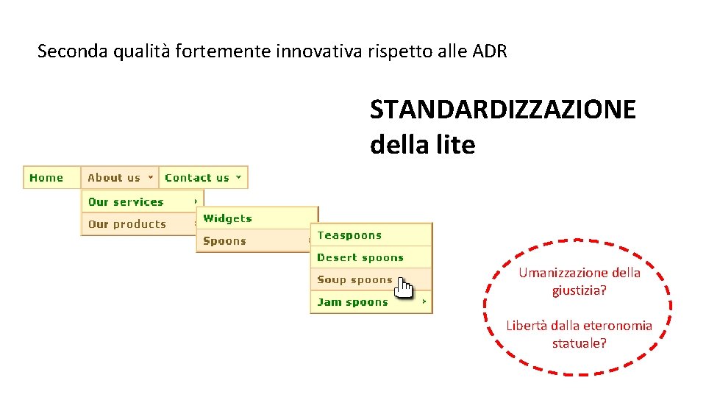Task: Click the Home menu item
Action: point(46,178)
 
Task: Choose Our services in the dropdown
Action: point(126,202)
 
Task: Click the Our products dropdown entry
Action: point(127,224)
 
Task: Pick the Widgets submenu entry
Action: point(227,218)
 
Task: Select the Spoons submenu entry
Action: point(224,241)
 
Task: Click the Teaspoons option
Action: point(349,235)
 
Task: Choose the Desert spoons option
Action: point(360,257)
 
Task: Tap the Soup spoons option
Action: point(354,279)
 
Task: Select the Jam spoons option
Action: point(352,302)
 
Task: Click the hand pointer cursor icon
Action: point(404,287)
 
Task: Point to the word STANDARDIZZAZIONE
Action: point(502,110)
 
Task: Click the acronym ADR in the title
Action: point(489,51)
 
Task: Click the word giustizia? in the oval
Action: point(580,290)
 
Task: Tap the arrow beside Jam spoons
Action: point(424,301)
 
